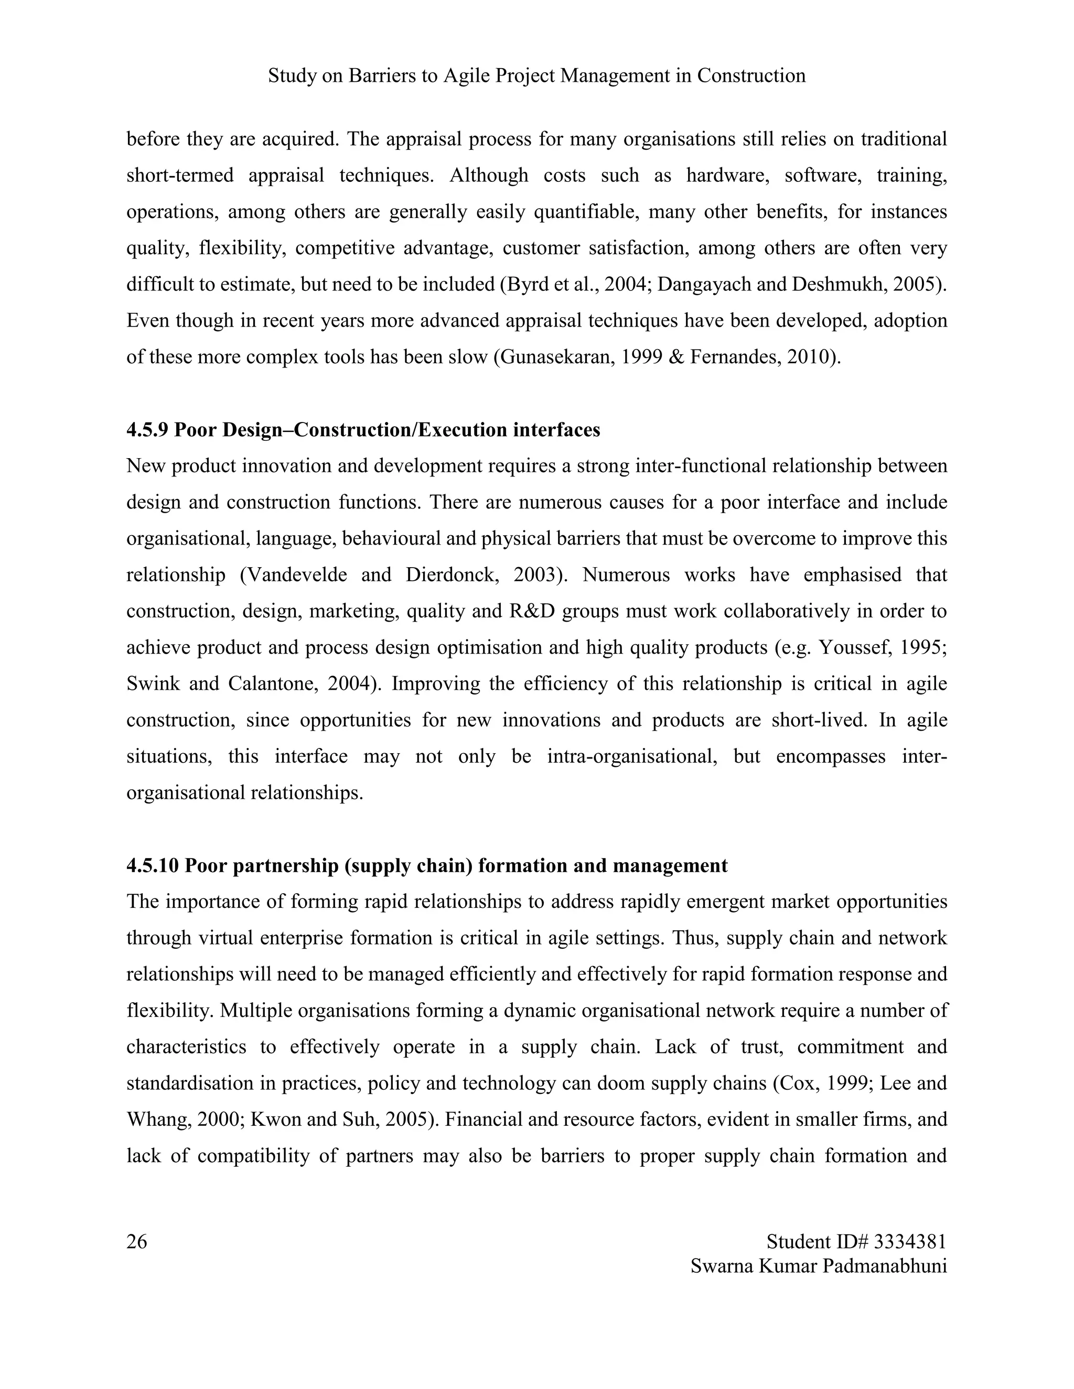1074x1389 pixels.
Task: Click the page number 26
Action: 137,1241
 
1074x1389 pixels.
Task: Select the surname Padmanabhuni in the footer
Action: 884,1266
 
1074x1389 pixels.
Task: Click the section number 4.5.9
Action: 147,430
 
